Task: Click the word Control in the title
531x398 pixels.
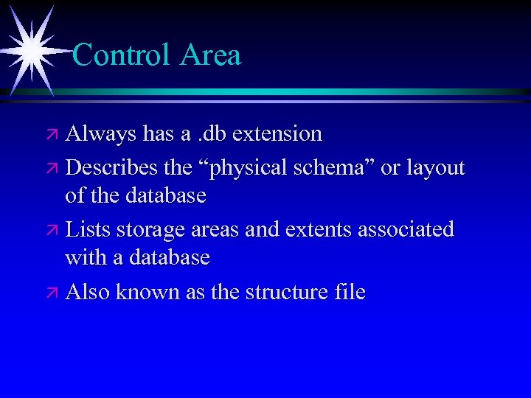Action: tap(122, 55)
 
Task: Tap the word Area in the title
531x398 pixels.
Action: tap(210, 55)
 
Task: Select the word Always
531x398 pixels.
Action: tap(101, 134)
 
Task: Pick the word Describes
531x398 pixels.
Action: tap(111, 168)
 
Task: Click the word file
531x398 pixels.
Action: tap(349, 292)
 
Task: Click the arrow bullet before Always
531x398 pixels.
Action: tap(54, 135)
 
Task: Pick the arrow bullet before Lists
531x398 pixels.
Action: tap(54, 230)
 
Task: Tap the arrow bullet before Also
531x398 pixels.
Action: tap(54, 293)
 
